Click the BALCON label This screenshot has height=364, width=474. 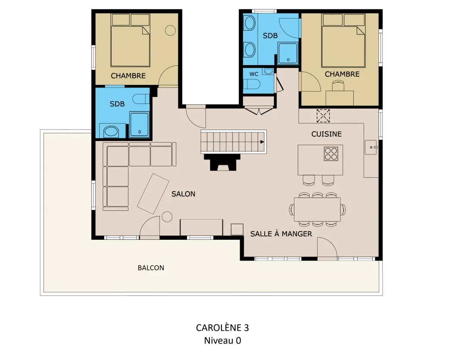point(151,268)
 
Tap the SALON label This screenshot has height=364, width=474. point(183,194)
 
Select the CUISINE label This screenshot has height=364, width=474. point(327,134)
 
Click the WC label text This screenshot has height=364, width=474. point(254,74)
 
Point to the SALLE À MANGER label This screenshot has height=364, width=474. point(281,234)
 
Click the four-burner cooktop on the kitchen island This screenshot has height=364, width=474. point(331,154)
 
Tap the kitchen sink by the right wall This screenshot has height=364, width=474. point(371,147)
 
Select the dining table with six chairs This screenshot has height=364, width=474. point(318,209)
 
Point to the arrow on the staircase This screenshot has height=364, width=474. point(262,142)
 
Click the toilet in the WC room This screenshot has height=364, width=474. point(252,84)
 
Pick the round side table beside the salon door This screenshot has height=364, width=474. point(167,217)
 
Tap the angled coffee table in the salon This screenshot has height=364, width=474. point(153,194)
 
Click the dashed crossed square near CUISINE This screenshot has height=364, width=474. point(323,116)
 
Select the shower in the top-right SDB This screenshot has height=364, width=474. point(288,53)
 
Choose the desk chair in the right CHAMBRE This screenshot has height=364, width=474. point(338,86)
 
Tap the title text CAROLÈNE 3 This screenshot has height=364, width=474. point(222,328)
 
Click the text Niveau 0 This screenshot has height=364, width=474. point(222,341)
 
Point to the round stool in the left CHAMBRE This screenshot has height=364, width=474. point(171,30)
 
